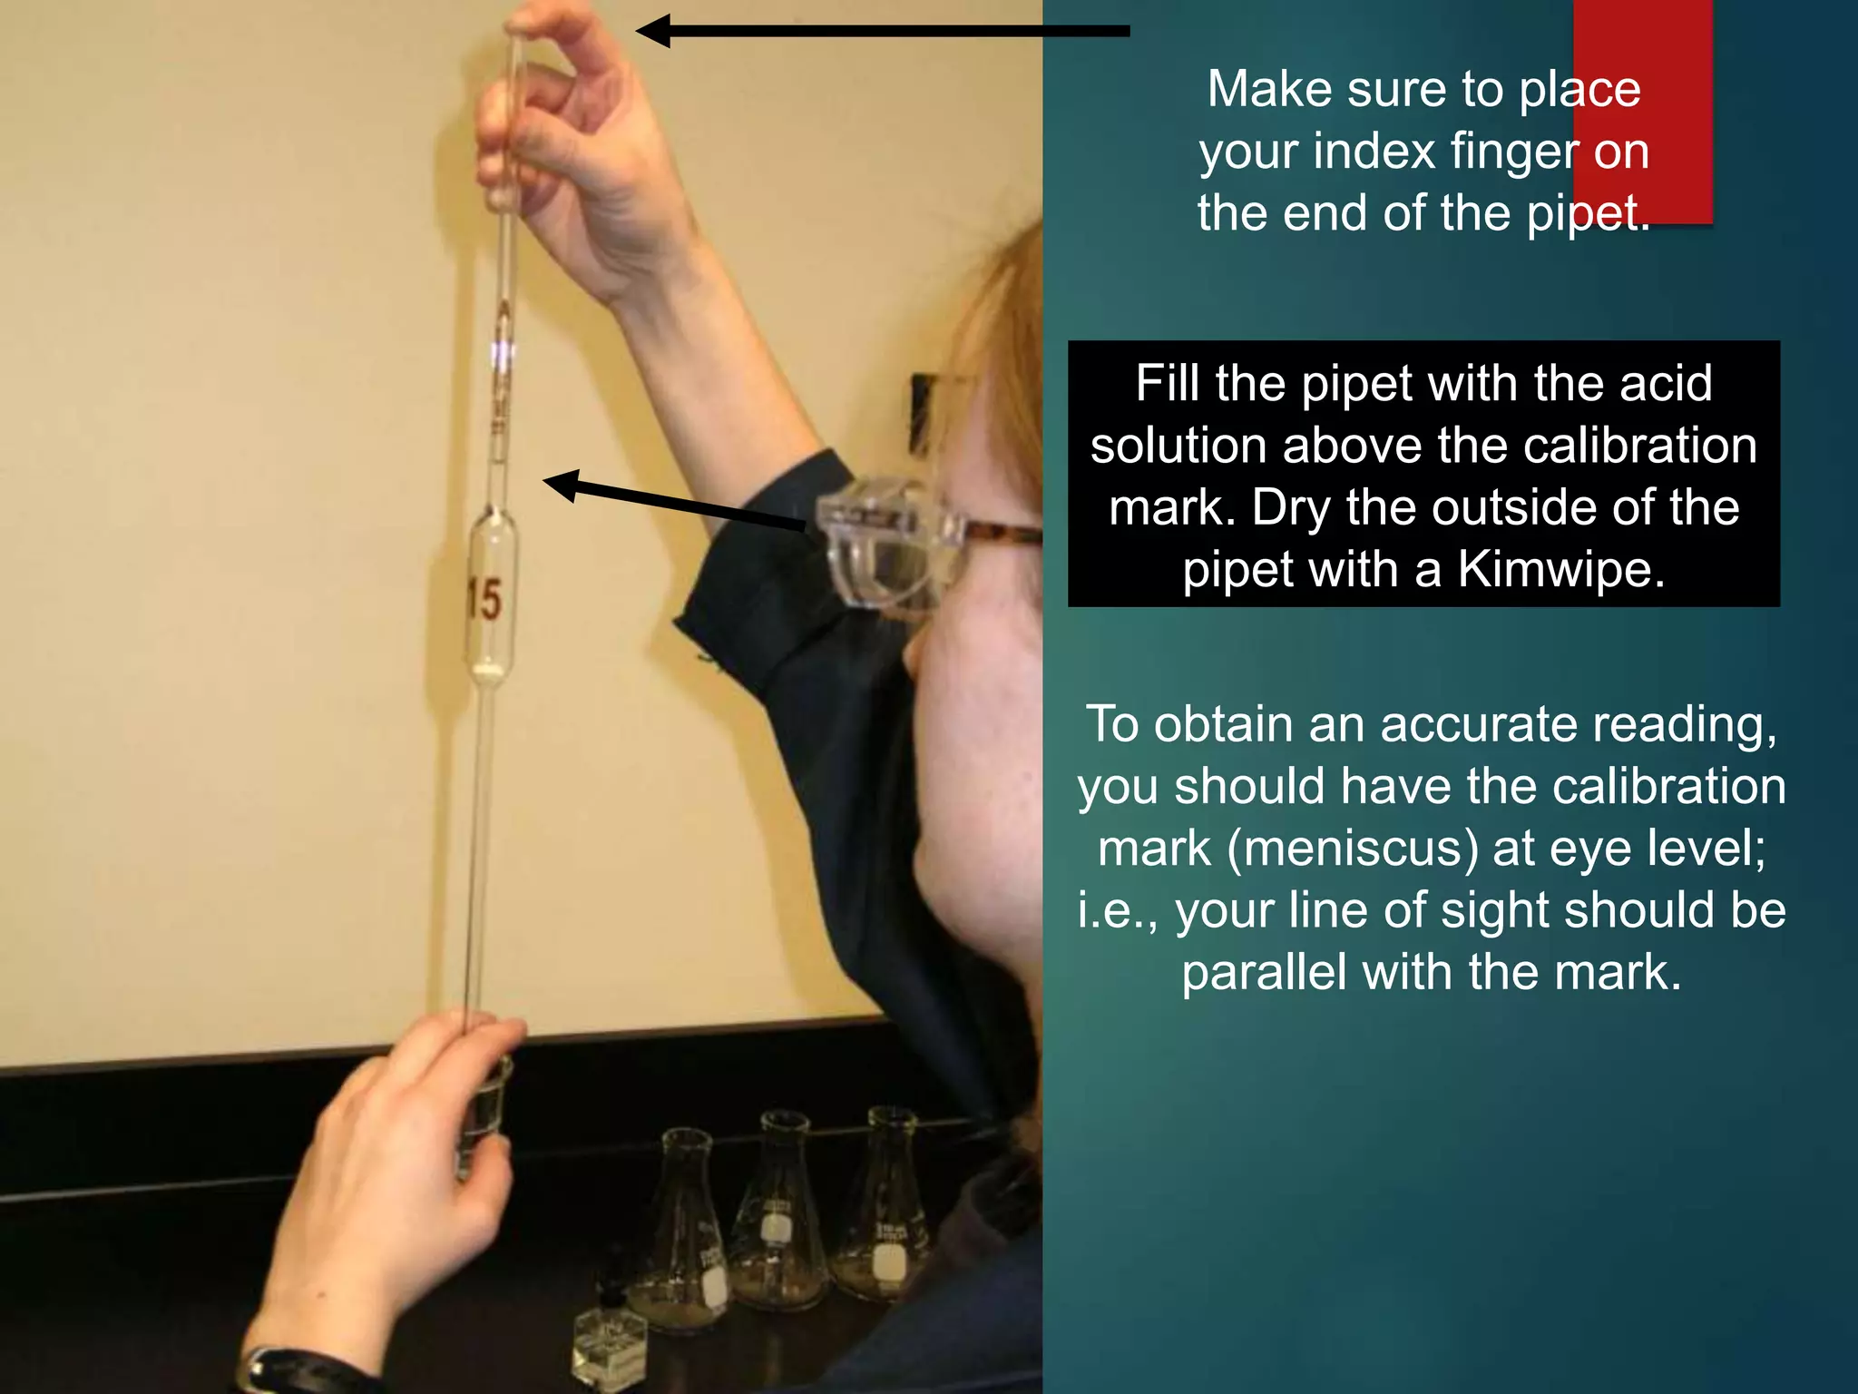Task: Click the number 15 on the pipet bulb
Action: pyautogui.click(x=484, y=600)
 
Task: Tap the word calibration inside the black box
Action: pyautogui.click(x=1597, y=446)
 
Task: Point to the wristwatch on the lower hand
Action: pyautogui.click(x=299, y=1370)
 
